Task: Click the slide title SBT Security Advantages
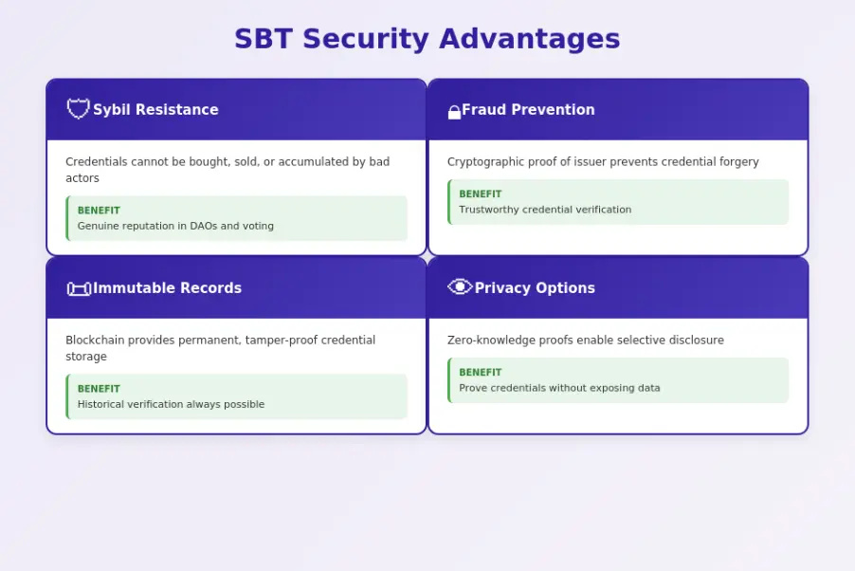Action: [x=427, y=39]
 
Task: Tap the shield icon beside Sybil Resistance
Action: [x=78, y=109]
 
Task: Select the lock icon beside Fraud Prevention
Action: [x=454, y=112]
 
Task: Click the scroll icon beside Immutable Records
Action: [x=79, y=288]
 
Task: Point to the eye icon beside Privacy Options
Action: [x=460, y=287]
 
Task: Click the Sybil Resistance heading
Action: [x=155, y=110]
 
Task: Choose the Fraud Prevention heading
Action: [x=528, y=110]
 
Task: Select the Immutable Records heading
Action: [x=167, y=288]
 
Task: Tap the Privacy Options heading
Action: [x=535, y=288]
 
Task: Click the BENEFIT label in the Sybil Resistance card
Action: [x=99, y=211]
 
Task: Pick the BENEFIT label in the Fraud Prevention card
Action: [x=481, y=194]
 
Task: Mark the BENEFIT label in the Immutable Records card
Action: [x=99, y=389]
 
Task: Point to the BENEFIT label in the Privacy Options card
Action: [x=481, y=373]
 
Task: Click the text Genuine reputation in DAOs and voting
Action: [x=175, y=227]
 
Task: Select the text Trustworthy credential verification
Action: [x=545, y=210]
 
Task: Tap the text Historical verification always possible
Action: [x=171, y=405]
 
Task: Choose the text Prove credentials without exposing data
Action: [x=559, y=388]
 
